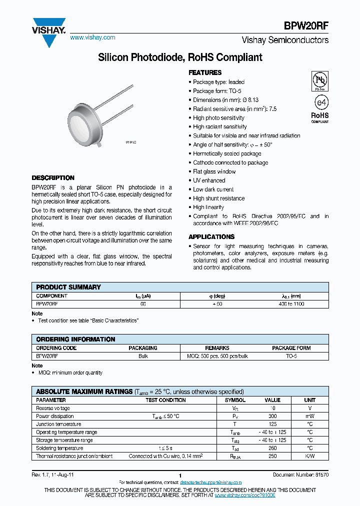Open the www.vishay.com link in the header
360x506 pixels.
[92, 37]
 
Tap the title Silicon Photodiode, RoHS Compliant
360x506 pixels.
[180, 57]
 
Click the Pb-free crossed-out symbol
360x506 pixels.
[319, 80]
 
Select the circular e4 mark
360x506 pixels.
[320, 102]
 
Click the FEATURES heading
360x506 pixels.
[205, 72]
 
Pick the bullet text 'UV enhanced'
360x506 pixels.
[209, 180]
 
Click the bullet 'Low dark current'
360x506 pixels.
[213, 189]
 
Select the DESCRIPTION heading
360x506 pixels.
[53, 178]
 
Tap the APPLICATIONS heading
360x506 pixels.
[211, 236]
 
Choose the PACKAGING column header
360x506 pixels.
[143, 348]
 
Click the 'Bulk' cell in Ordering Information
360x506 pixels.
[143, 356]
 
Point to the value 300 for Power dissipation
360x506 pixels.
[272, 416]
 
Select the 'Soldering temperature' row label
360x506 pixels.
[59, 448]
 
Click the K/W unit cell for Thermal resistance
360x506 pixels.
[310, 456]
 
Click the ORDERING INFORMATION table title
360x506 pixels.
[75, 339]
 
